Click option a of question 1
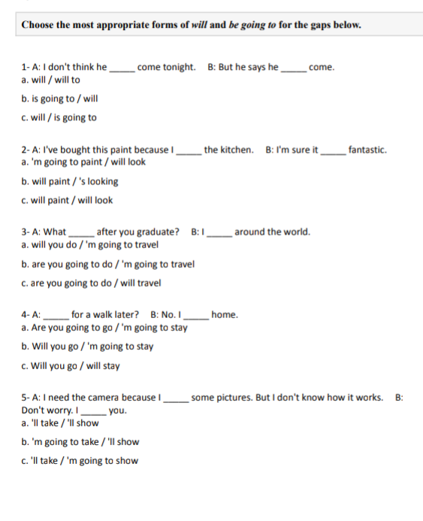click(50, 80)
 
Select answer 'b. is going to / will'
click(59, 98)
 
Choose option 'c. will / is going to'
click(59, 117)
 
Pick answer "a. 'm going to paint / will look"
click(83, 162)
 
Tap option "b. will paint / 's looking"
click(70, 181)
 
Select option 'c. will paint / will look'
click(68, 200)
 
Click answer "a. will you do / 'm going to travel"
click(90, 244)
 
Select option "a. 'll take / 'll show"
click(60, 423)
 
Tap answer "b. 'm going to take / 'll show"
click(80, 442)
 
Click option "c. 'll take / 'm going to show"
click(80, 461)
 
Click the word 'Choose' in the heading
click(38, 24)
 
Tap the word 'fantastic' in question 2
click(367, 150)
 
